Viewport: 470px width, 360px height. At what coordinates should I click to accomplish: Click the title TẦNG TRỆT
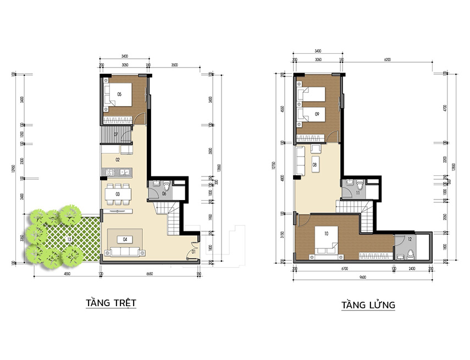[110, 303]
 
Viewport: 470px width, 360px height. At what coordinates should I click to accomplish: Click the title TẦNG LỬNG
[368, 305]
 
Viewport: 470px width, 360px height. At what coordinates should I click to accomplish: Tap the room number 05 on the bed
[119, 94]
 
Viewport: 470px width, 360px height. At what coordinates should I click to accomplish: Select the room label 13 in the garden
[68, 239]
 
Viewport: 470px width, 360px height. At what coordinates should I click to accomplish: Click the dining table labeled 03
[118, 194]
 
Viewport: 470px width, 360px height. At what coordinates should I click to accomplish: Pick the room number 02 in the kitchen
[118, 160]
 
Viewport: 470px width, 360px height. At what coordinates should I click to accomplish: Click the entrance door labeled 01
[193, 252]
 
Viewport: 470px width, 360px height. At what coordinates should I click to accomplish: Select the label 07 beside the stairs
[117, 134]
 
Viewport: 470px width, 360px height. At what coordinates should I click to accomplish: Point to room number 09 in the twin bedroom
[318, 113]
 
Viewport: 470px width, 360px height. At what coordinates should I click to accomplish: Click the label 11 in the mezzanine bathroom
[357, 193]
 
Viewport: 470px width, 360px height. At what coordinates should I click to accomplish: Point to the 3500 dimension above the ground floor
[175, 64]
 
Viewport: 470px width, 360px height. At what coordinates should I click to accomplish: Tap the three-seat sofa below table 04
[125, 253]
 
